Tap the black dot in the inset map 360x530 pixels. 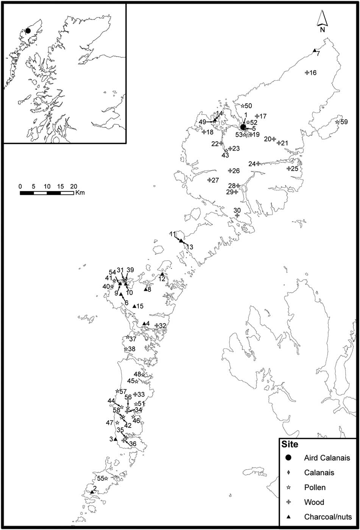pyautogui.click(x=28, y=31)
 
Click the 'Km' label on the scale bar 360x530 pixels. pyautogui.click(x=79, y=193)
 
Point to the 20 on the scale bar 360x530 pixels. pyautogui.click(x=73, y=187)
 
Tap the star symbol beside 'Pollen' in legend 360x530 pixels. pyautogui.click(x=288, y=488)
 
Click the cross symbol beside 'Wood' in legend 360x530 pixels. pyautogui.click(x=288, y=502)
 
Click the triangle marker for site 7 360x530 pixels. pyautogui.click(x=314, y=51)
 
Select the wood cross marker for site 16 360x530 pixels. pyautogui.click(x=307, y=73)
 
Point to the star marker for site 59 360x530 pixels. pyautogui.click(x=337, y=122)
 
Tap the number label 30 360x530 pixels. pyautogui.click(x=237, y=210)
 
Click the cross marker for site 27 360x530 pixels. pyautogui.click(x=209, y=180)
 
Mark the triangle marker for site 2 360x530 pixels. pyautogui.click(x=92, y=492)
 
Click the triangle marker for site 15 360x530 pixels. pyautogui.click(x=134, y=306)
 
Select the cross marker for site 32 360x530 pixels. pyautogui.click(x=156, y=325)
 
